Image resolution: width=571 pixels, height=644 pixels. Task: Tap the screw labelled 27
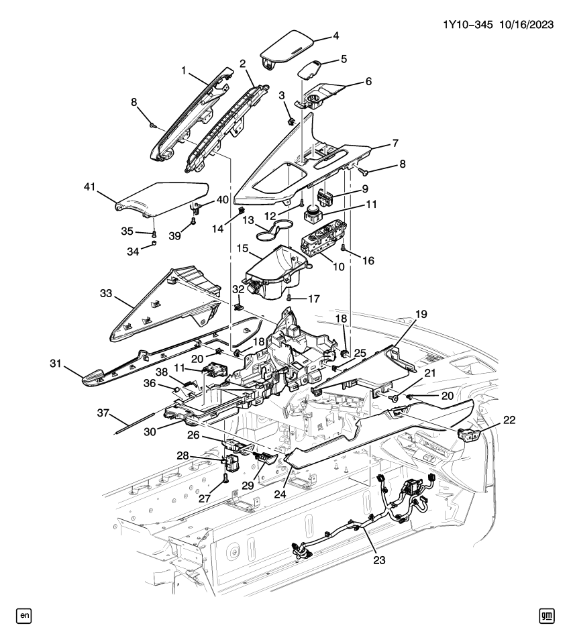pos(225,480)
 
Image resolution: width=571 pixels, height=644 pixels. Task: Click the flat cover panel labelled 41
pos(161,198)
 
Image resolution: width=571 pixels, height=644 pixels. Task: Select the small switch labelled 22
pos(467,435)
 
